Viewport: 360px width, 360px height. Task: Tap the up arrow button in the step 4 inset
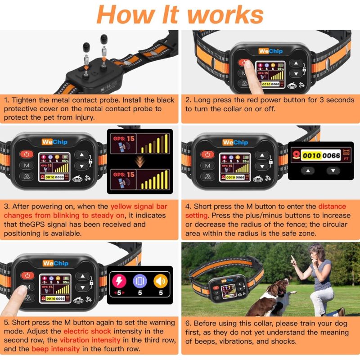point(308,171)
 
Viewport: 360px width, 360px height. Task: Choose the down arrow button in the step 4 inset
point(333,171)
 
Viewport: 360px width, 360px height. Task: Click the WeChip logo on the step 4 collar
point(234,142)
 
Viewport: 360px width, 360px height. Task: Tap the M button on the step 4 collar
point(207,166)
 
